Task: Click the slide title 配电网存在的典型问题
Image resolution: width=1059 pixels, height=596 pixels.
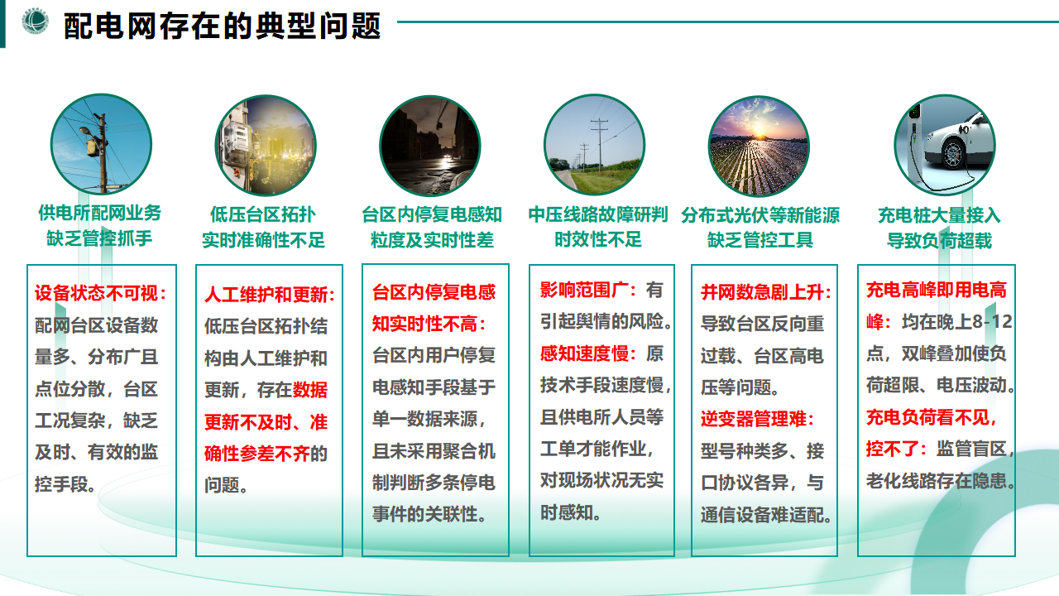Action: tap(223, 26)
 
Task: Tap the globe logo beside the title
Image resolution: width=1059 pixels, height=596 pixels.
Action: tap(35, 21)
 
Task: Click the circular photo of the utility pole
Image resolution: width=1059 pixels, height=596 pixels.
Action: tap(101, 144)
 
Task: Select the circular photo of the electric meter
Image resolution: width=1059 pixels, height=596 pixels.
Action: tap(266, 145)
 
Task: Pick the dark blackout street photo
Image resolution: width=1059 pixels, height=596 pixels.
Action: tap(430, 146)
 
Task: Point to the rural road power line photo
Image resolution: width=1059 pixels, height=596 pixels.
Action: tap(594, 145)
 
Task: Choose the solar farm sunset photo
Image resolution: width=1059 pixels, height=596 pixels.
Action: tap(759, 146)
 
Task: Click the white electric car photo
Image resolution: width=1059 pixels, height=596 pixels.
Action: tap(945, 145)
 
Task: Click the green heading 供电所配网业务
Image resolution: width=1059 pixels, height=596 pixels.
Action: tap(100, 213)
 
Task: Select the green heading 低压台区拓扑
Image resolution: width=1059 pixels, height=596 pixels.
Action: tap(263, 214)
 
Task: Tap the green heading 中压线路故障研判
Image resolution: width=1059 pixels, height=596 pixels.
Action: tap(598, 214)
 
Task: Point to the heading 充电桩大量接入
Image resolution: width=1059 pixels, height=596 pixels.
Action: tap(939, 215)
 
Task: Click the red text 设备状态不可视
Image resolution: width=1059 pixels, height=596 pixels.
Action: tap(97, 293)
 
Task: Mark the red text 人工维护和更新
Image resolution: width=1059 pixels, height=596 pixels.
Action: tap(266, 295)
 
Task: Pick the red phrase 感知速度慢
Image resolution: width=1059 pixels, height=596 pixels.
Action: tap(584, 353)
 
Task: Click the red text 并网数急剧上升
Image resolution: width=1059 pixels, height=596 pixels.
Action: tap(763, 292)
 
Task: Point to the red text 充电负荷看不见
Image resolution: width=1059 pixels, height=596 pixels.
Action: tap(928, 417)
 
